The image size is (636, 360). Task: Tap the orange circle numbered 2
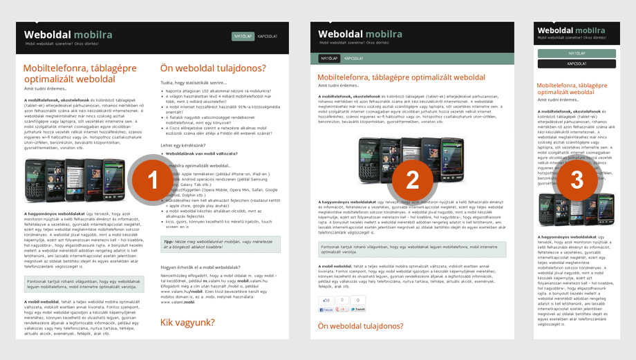(x=412, y=180)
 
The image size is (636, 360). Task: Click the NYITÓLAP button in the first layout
(x=243, y=36)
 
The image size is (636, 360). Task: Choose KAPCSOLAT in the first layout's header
(x=268, y=36)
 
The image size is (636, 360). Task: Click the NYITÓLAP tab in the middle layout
(x=328, y=59)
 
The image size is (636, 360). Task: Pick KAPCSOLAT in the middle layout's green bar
(x=354, y=59)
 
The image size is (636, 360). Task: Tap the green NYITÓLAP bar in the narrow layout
(x=577, y=53)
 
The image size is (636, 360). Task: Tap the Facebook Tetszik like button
(x=326, y=310)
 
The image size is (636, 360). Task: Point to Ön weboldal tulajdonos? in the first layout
(x=213, y=68)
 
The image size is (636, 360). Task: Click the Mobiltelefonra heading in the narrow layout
(x=576, y=90)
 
